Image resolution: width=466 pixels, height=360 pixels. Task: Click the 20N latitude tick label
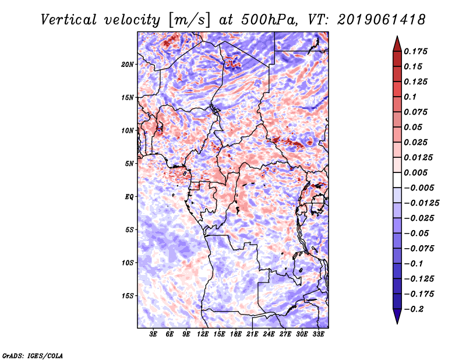point(128,64)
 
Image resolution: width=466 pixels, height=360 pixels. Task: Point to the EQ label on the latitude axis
point(129,197)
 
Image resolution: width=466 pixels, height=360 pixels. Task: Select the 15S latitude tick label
point(128,296)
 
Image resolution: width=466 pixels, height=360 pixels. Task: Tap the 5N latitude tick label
point(129,164)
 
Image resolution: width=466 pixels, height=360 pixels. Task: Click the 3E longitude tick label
point(154,335)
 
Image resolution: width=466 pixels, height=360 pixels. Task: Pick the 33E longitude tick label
point(318,335)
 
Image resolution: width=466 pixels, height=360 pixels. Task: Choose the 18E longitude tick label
point(236,335)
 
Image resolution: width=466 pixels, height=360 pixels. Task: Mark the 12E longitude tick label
point(203,335)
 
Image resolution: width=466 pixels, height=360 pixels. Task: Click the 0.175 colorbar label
point(416,51)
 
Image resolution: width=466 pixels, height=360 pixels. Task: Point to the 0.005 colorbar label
point(416,172)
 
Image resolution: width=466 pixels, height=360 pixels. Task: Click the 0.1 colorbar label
point(410,97)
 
